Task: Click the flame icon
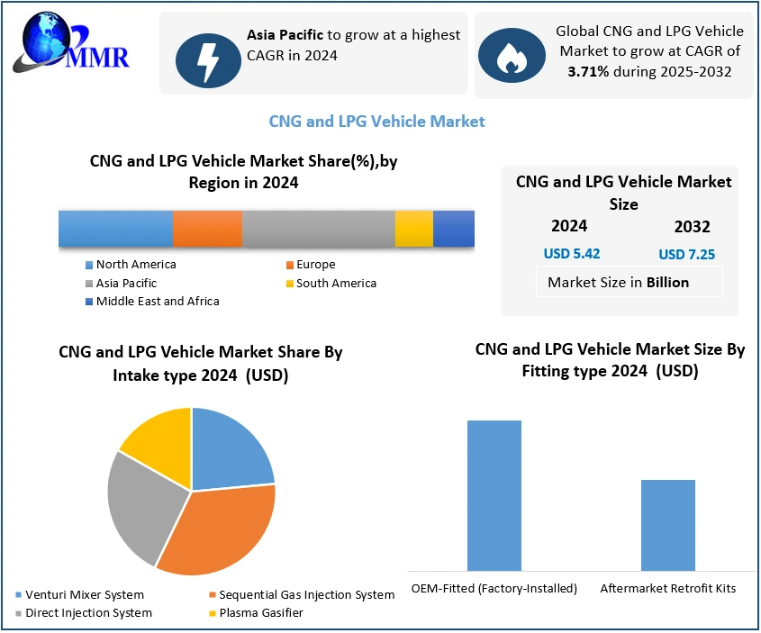(x=512, y=55)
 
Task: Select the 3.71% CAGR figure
(x=588, y=71)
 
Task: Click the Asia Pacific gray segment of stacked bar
(x=318, y=229)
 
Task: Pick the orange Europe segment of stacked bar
(x=207, y=229)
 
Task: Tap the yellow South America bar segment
(x=413, y=229)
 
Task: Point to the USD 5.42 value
(x=571, y=254)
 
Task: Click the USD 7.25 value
(x=686, y=255)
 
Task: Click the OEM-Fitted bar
(x=494, y=495)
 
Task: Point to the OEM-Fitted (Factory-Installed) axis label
(x=494, y=589)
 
